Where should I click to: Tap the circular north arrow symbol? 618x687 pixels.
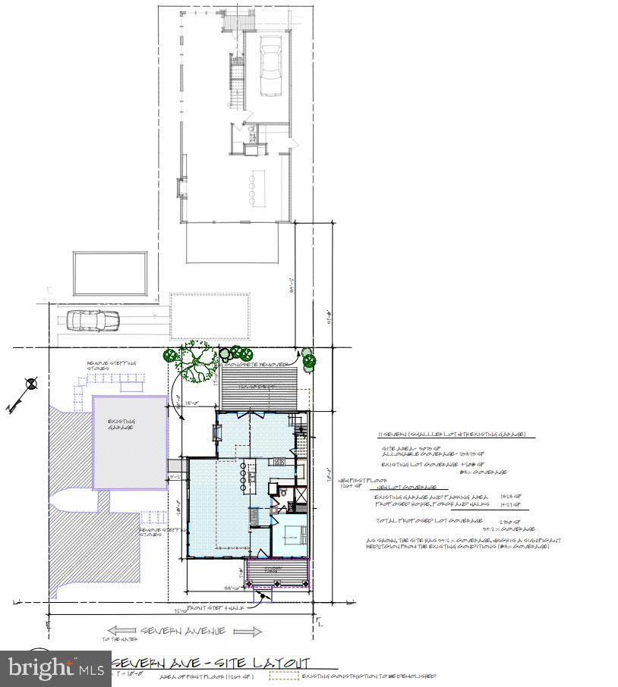pyautogui.click(x=31, y=384)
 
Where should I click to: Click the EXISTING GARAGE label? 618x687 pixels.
pyautogui.click(x=121, y=425)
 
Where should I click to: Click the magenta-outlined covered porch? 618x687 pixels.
pyautogui.click(x=279, y=573)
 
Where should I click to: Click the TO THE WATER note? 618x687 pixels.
pyautogui.click(x=115, y=639)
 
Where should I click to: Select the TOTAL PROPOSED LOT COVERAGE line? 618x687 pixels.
pyautogui.click(x=430, y=520)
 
